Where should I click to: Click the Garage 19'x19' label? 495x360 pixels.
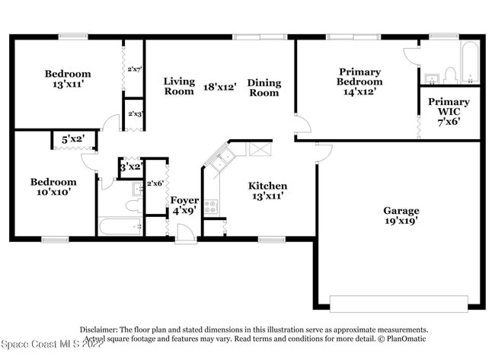(401, 215)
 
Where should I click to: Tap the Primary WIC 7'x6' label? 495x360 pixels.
(449, 110)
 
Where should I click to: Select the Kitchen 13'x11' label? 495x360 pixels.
(267, 190)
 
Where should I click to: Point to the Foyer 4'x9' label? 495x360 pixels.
(184, 205)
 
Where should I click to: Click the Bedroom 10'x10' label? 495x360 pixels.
(53, 187)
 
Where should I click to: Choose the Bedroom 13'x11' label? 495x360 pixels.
(68, 79)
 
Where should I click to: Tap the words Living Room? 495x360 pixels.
(179, 87)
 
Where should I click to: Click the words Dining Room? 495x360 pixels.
(263, 88)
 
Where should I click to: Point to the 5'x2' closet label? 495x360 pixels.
(73, 139)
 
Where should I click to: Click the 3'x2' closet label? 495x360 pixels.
(131, 166)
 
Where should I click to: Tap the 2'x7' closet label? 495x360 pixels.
(134, 69)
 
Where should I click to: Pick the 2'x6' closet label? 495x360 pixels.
(155, 183)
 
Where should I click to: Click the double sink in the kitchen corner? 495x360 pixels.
(222, 159)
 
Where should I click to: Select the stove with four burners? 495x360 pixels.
(211, 205)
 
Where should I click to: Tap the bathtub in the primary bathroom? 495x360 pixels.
(470, 62)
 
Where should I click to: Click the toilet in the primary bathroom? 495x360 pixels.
(449, 75)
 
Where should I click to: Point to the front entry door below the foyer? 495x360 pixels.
(185, 239)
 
